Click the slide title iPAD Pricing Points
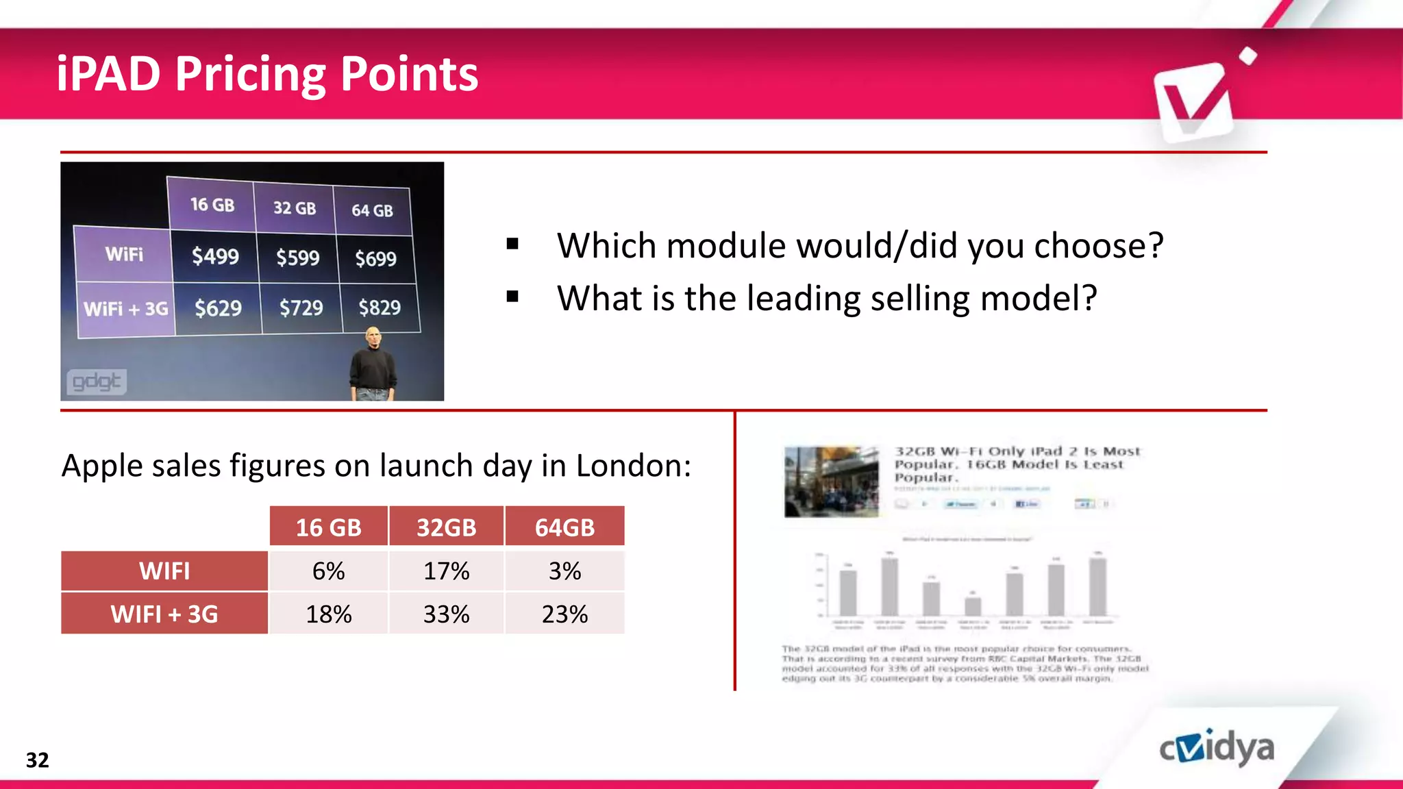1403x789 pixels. pyautogui.click(x=267, y=74)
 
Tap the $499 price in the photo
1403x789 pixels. pyautogui.click(x=215, y=256)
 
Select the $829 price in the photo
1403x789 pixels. pyautogui.click(x=380, y=308)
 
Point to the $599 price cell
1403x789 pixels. pyautogui.click(x=297, y=258)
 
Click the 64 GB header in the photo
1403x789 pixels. pyautogui.click(x=372, y=210)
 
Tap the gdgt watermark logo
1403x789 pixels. pyautogui.click(x=97, y=381)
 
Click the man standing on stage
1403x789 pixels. pyautogui.click(x=373, y=366)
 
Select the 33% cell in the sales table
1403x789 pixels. pyautogui.click(x=446, y=614)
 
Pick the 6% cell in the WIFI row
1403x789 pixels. pyautogui.click(x=328, y=571)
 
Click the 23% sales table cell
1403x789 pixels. pyautogui.click(x=564, y=614)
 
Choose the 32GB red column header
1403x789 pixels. pyautogui.click(x=446, y=527)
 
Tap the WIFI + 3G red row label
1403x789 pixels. pyautogui.click(x=164, y=614)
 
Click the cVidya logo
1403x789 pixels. pyautogui.click(x=1217, y=748)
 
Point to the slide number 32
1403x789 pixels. pyautogui.click(x=37, y=760)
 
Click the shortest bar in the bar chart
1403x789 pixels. pyautogui.click(x=973, y=606)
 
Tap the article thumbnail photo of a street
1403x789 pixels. pyautogui.click(x=831, y=481)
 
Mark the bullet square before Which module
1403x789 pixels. pyautogui.click(x=512, y=244)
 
